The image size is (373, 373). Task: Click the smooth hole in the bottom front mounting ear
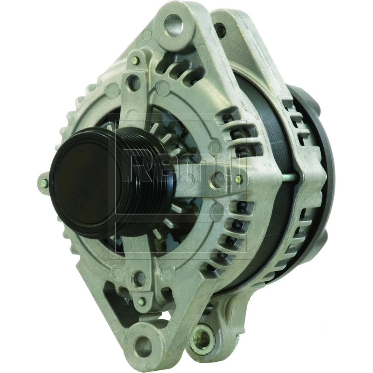(x=142, y=343)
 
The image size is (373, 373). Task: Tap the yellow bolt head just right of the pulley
(x=239, y=179)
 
